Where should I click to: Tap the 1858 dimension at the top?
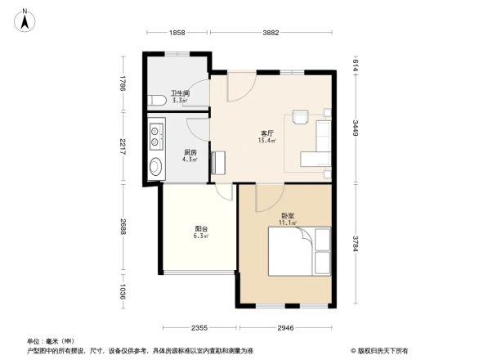178,33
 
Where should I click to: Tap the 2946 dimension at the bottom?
284,328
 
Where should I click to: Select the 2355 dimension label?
199,328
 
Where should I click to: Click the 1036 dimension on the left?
122,290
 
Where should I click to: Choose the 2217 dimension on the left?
122,148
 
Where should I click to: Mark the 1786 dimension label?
122,84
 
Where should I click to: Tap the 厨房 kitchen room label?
189,154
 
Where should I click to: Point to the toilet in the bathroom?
157,101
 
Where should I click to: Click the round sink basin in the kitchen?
155,169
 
